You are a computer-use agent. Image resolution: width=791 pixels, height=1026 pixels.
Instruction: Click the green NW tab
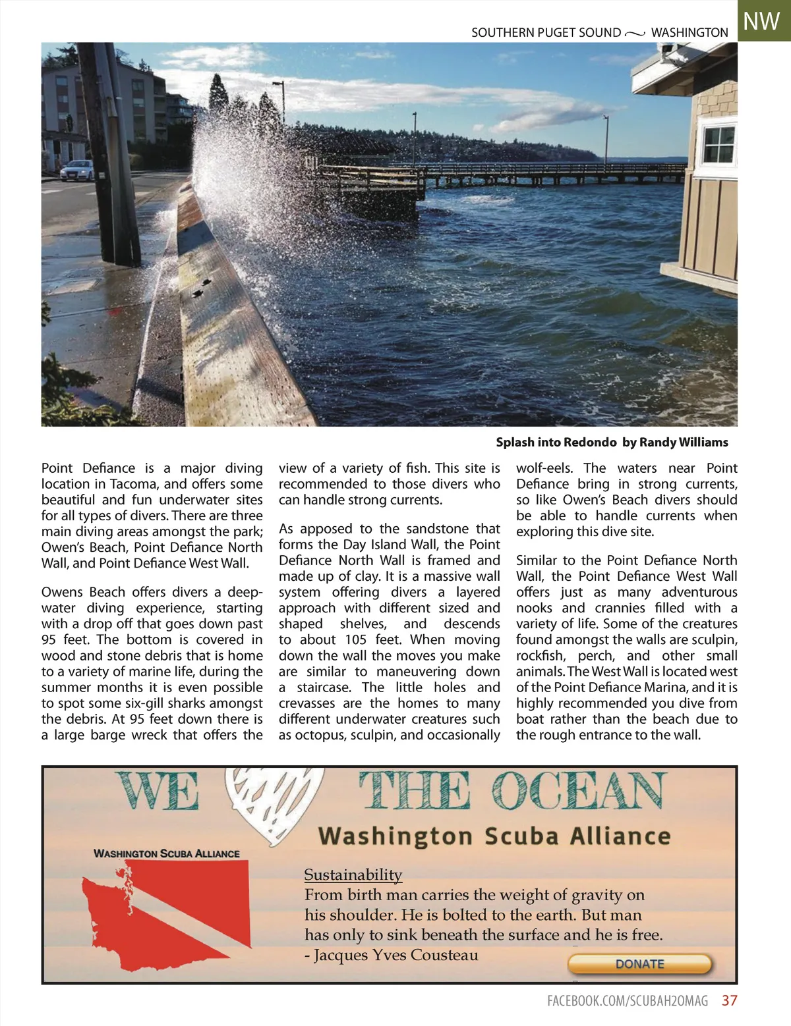pos(763,21)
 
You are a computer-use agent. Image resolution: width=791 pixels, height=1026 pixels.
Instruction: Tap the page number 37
pos(729,1001)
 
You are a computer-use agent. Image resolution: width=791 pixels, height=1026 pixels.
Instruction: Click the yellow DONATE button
pos(639,964)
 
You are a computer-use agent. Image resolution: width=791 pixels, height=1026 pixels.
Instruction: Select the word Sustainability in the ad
pos(353,875)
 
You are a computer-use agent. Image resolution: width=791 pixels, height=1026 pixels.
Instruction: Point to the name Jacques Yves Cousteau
pos(395,955)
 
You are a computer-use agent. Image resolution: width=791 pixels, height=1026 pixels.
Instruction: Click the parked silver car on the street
pos(77,170)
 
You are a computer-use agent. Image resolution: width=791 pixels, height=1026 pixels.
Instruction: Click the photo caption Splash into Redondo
pos(556,442)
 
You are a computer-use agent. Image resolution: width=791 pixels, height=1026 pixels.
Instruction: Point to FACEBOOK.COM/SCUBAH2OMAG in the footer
pos(628,1001)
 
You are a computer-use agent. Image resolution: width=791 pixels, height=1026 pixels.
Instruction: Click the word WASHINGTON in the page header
pos(689,32)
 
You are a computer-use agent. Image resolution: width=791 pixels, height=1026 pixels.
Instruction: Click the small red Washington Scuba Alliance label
pos(166,853)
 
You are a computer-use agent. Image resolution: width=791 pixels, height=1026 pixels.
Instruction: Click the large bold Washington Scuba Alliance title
pos(494,836)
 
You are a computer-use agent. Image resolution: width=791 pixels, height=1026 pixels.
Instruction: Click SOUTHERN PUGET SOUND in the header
pos(546,32)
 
